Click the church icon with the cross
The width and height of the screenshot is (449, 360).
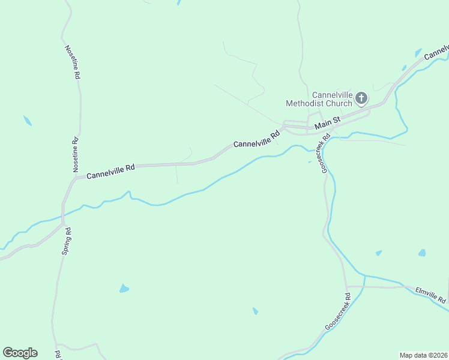click(361, 97)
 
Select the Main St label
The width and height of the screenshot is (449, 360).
click(328, 124)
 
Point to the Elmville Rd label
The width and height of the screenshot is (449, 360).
click(431, 295)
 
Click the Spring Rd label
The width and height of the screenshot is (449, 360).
click(67, 241)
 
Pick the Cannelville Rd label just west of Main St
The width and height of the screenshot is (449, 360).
click(257, 140)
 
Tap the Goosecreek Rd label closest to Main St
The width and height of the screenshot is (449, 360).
click(325, 154)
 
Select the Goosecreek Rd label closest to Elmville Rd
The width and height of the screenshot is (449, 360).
click(337, 311)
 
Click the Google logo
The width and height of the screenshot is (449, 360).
click(20, 353)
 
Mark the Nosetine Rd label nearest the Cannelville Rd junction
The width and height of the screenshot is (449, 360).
click(76, 155)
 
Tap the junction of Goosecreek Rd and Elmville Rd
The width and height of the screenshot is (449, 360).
click(346, 287)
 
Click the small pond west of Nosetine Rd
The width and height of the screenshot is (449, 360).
click(27, 121)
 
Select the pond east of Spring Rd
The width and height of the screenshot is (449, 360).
click(124, 289)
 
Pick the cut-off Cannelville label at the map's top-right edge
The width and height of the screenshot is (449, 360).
click(436, 53)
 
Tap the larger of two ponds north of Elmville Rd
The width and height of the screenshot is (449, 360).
click(422, 253)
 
